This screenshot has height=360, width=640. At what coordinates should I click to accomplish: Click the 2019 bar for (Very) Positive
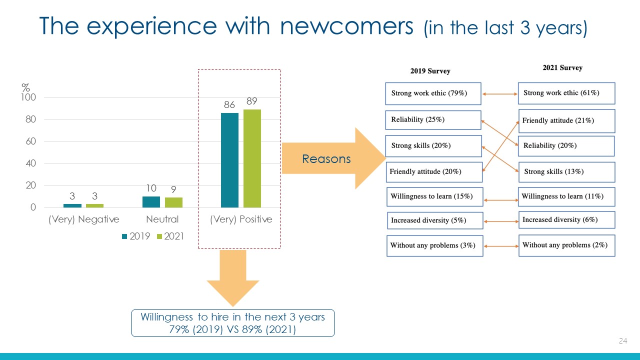(x=229, y=160)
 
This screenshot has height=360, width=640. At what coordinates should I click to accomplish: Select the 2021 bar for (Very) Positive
(x=252, y=158)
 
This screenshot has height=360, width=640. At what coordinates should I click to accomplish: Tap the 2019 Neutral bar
(x=151, y=202)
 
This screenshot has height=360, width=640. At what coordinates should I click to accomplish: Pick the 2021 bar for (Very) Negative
(x=94, y=205)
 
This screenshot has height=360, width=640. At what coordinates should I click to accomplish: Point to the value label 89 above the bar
(x=251, y=101)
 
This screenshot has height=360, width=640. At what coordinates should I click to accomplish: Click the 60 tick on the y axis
(x=31, y=141)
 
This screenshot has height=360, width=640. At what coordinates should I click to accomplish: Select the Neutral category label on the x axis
(x=162, y=219)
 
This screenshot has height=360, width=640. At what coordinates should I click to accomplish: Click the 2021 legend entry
(x=170, y=236)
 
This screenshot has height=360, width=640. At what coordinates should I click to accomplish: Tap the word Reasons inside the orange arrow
(x=326, y=159)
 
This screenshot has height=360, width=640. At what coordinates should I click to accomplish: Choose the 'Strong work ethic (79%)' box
(x=433, y=93)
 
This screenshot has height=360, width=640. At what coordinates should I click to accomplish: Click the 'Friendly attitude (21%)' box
(x=567, y=121)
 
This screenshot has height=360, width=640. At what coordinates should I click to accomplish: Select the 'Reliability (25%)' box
(x=433, y=120)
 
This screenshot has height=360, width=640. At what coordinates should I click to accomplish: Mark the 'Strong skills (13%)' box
(x=567, y=172)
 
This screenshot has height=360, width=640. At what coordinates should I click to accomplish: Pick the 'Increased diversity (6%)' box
(x=567, y=220)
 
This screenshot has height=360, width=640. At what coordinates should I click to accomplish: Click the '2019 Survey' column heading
(x=430, y=71)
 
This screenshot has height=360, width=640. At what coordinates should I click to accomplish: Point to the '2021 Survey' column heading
(x=562, y=67)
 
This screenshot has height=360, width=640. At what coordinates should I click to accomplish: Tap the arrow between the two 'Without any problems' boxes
(x=501, y=246)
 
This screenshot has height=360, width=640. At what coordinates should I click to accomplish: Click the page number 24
(x=623, y=340)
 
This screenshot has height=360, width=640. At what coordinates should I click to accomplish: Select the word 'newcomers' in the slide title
(x=346, y=26)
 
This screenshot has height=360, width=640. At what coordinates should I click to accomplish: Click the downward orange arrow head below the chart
(x=233, y=293)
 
